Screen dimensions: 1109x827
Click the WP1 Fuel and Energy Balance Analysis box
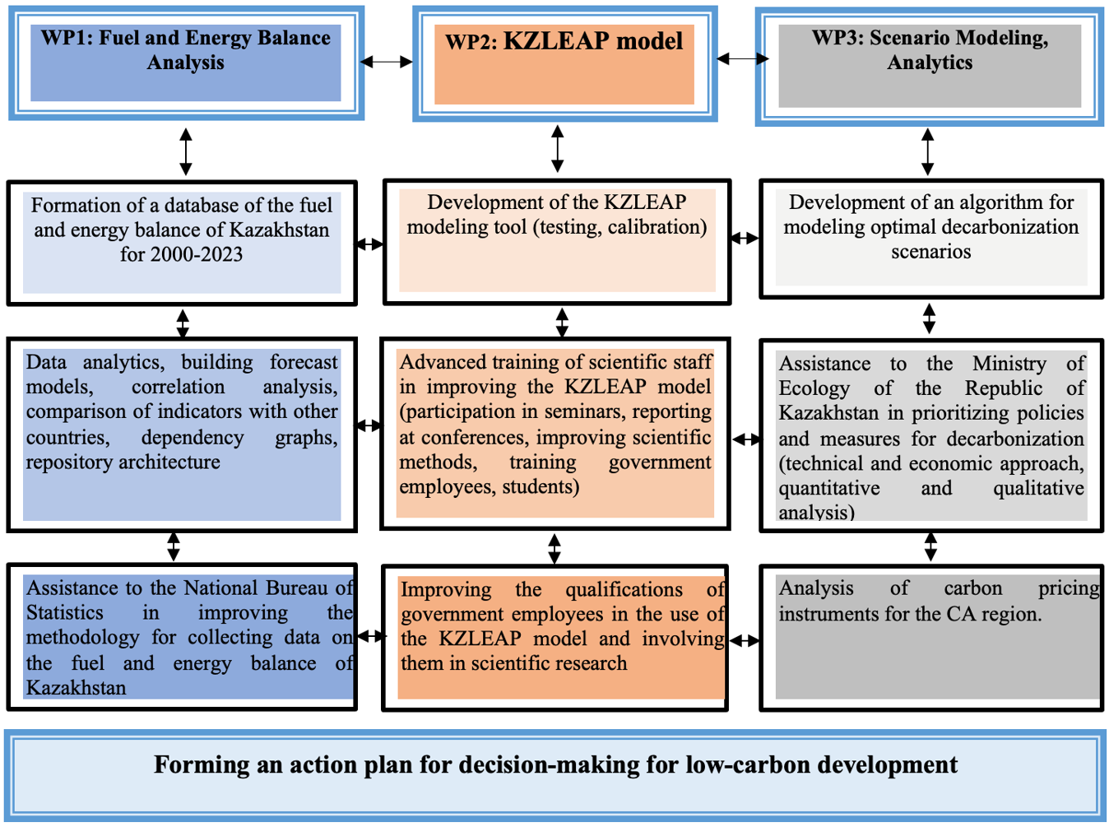[x=186, y=63]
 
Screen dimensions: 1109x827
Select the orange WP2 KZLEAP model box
[x=565, y=64]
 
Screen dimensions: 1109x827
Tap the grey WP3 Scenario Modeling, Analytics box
[x=930, y=66]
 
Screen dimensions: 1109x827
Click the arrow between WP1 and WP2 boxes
[x=387, y=62]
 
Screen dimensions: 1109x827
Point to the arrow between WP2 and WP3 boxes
[x=743, y=59]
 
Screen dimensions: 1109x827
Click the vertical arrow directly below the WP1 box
[x=186, y=151]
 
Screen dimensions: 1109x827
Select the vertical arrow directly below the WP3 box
[x=928, y=151]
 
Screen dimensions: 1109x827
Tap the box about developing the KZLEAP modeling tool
[x=557, y=241]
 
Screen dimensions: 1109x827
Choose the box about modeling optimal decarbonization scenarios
[x=931, y=239]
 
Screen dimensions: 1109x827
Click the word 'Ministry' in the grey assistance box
[x=1009, y=364]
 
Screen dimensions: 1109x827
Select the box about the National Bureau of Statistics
[x=182, y=637]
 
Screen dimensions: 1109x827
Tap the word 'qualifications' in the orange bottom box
[x=624, y=590]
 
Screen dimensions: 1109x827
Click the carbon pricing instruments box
[x=931, y=638]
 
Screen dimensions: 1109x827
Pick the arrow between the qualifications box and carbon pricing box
[x=745, y=641]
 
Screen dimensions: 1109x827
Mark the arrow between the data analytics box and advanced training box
[x=369, y=425]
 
